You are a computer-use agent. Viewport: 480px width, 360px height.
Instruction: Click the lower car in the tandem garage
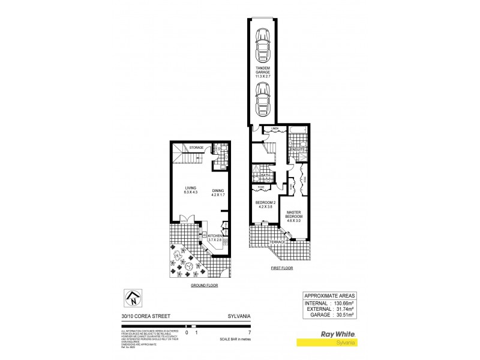coord(262,100)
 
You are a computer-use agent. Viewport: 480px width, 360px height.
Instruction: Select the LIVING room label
coord(190,190)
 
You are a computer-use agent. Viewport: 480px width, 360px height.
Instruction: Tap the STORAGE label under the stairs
coord(197,147)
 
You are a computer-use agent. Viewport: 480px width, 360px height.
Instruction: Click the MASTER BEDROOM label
coord(294,217)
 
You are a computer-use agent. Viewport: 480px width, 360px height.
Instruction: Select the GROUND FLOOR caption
coord(203,286)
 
